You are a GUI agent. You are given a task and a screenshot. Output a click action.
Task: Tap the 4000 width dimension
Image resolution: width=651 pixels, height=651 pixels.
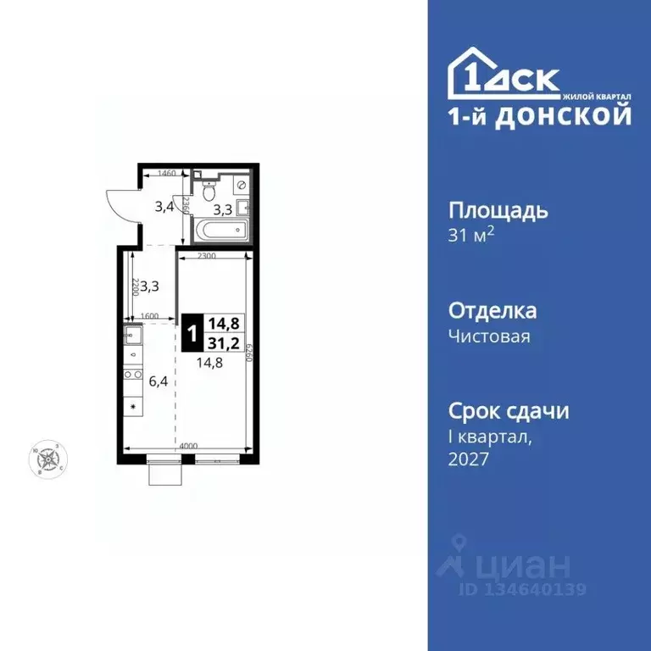tap(187, 446)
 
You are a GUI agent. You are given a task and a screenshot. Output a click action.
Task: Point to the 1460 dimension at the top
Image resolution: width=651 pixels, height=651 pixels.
tap(166, 173)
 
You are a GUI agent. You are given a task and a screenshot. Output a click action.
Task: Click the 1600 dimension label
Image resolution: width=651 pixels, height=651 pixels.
tap(150, 316)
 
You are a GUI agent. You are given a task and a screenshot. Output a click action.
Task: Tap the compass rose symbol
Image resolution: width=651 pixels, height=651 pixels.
tap(53, 459)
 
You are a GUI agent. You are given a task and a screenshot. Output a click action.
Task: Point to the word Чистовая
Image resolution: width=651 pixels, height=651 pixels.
tap(489, 337)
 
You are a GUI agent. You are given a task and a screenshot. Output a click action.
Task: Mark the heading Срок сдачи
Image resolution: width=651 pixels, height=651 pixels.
tap(508, 411)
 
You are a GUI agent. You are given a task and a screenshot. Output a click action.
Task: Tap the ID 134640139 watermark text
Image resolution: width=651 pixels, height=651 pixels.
tap(524, 589)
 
